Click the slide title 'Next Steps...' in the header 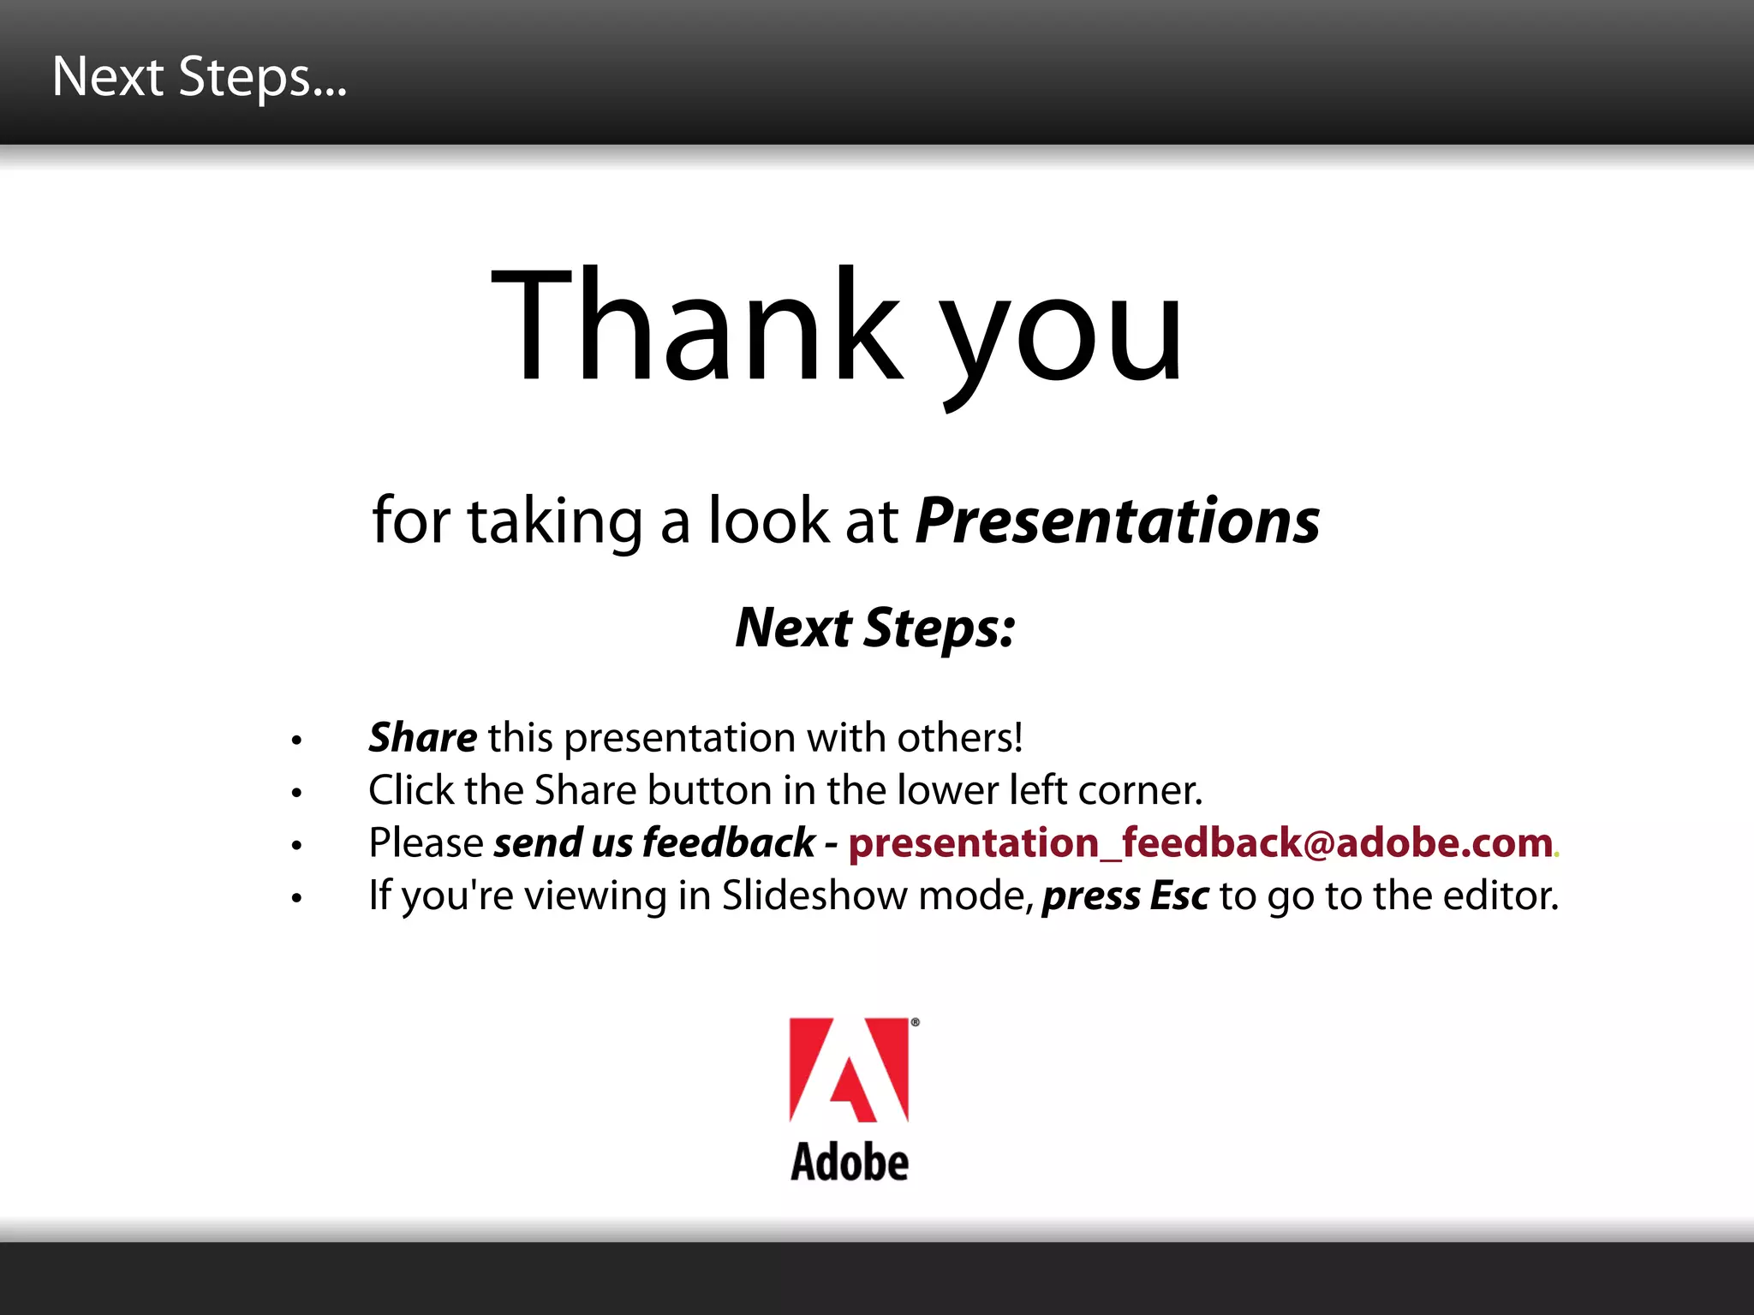pos(199,77)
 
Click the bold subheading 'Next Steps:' pos(875,628)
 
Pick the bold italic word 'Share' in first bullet pos(422,737)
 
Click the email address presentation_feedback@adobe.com pos(1200,843)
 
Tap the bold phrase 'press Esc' pos(1125,896)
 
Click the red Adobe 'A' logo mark pos(848,1069)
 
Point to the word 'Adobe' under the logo pos(849,1163)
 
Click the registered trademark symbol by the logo pos(915,1022)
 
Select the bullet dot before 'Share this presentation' pos(296,740)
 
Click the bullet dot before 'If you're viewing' pos(296,898)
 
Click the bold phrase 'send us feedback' pos(654,843)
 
